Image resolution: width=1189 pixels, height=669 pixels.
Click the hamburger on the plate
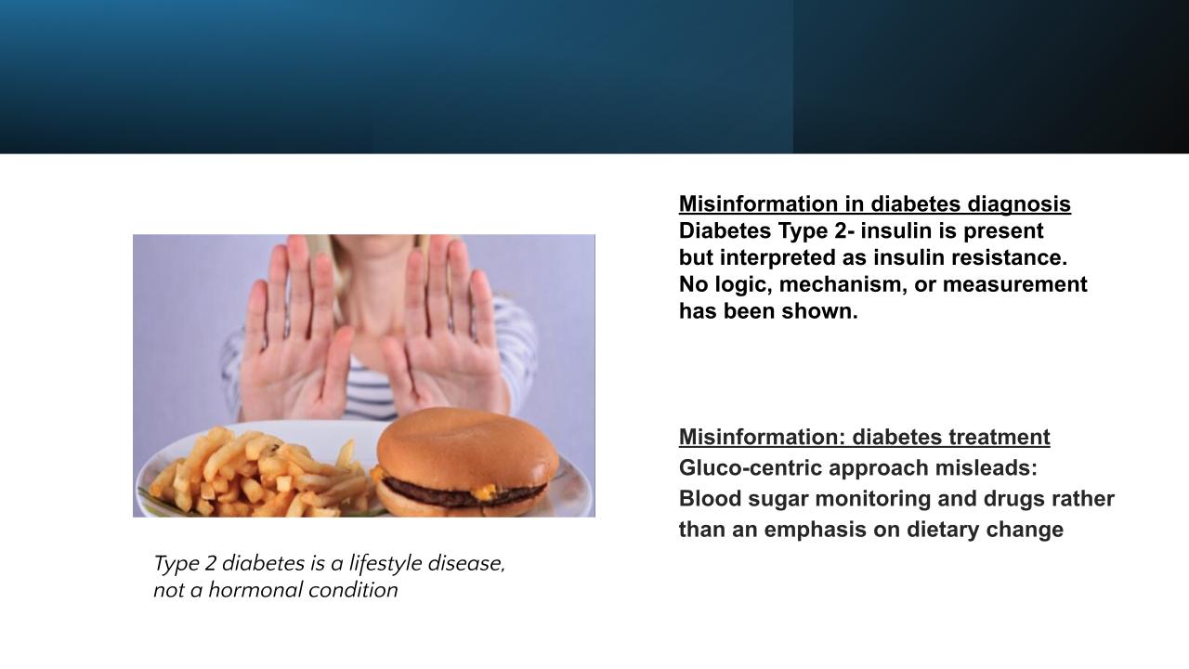tap(465, 463)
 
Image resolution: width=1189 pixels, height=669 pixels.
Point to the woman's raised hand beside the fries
tap(297, 329)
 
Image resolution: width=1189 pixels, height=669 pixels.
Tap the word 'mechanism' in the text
tap(843, 284)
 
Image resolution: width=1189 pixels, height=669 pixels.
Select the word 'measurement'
tap(1015, 284)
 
